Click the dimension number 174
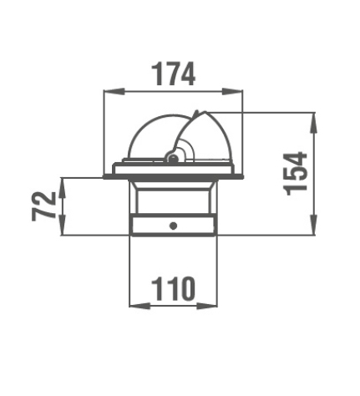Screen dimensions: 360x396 (x=173, y=74)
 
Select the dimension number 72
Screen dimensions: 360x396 (x=44, y=206)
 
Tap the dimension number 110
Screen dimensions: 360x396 (x=173, y=289)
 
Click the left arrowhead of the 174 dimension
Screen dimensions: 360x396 (x=114, y=91)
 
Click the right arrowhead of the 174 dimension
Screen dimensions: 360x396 (x=232, y=91)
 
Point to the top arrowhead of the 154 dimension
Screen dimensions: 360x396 (x=314, y=123)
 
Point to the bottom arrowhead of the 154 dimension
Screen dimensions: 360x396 (x=314, y=225)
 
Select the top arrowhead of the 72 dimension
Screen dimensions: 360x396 (x=63, y=187)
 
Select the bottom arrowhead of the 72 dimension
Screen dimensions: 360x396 (x=63, y=226)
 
